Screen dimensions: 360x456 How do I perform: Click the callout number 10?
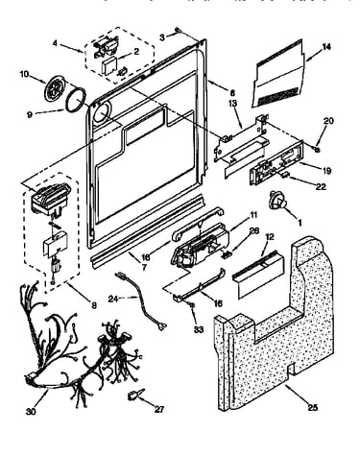click(25, 74)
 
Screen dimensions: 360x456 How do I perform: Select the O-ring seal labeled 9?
click(76, 101)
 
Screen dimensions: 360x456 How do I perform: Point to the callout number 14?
click(326, 47)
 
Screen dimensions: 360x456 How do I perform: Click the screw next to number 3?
click(178, 31)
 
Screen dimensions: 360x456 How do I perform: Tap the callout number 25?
click(313, 407)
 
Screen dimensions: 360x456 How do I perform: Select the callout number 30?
click(31, 412)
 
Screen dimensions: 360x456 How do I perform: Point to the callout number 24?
click(113, 300)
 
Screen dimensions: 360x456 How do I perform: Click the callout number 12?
click(270, 237)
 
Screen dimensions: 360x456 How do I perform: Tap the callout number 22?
click(321, 186)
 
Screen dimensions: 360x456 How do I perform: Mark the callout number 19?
click(326, 171)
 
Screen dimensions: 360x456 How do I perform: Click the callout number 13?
click(232, 103)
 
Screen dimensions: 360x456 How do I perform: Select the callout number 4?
click(56, 43)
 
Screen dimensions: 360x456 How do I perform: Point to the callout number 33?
click(199, 329)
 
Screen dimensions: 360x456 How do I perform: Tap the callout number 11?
click(253, 215)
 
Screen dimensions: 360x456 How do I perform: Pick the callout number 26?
click(254, 231)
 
